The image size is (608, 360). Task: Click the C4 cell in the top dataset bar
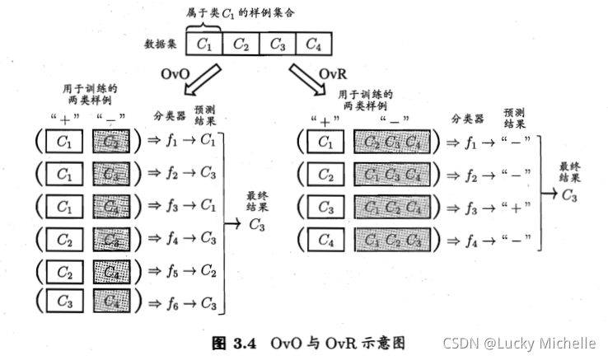tap(313, 44)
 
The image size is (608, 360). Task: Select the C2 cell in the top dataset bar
tap(240, 44)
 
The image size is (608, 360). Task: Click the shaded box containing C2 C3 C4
tap(390, 142)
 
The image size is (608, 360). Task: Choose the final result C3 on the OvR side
tap(569, 195)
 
